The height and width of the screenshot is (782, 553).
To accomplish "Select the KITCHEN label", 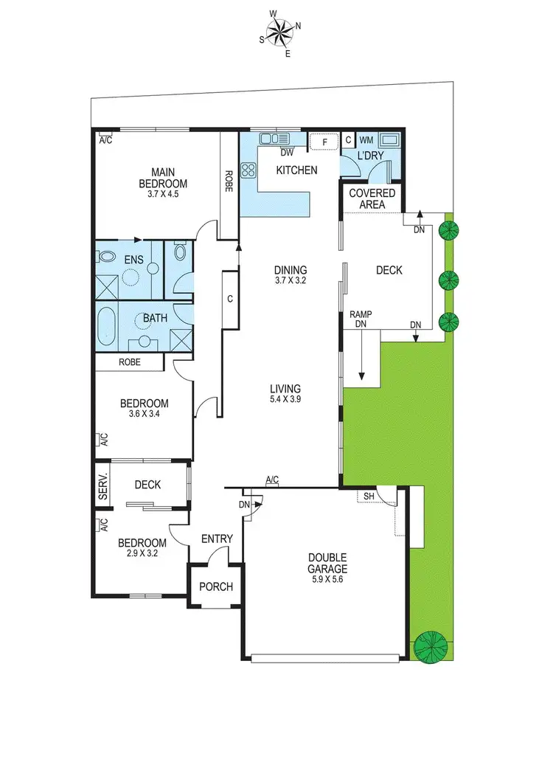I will [296, 170].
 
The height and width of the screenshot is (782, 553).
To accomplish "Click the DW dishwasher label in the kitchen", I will [288, 153].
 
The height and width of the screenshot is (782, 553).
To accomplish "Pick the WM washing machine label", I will [366, 139].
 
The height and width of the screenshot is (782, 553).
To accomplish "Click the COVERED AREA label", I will [372, 198].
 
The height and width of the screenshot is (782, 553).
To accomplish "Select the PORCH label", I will [216, 587].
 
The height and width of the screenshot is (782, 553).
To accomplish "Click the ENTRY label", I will [217, 539].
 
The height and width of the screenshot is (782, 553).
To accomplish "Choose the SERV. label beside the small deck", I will [103, 485].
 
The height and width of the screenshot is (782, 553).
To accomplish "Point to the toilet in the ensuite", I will [108, 257].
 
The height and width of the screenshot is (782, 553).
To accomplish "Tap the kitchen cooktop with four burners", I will [248, 171].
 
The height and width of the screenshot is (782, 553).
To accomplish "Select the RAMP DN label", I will [361, 319].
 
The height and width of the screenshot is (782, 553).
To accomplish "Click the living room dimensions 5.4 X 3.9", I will [285, 399].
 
